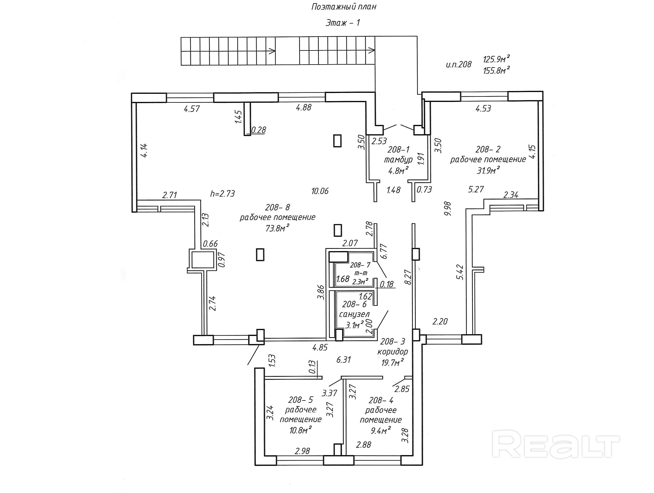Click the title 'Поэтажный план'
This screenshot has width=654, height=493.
tap(344, 7)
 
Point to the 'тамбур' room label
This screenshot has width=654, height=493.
tap(398, 160)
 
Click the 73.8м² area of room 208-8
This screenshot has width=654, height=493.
tap(277, 228)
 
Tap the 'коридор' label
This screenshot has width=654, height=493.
tap(393, 352)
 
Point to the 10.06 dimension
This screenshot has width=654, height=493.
tap(320, 191)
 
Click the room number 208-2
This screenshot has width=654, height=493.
tap(488, 149)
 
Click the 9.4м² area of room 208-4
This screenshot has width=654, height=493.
tap(381, 430)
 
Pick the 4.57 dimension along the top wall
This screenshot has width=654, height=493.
tap(192, 109)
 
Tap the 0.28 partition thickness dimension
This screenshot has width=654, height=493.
tap(258, 130)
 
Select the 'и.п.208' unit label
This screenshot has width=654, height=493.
tap(459, 64)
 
